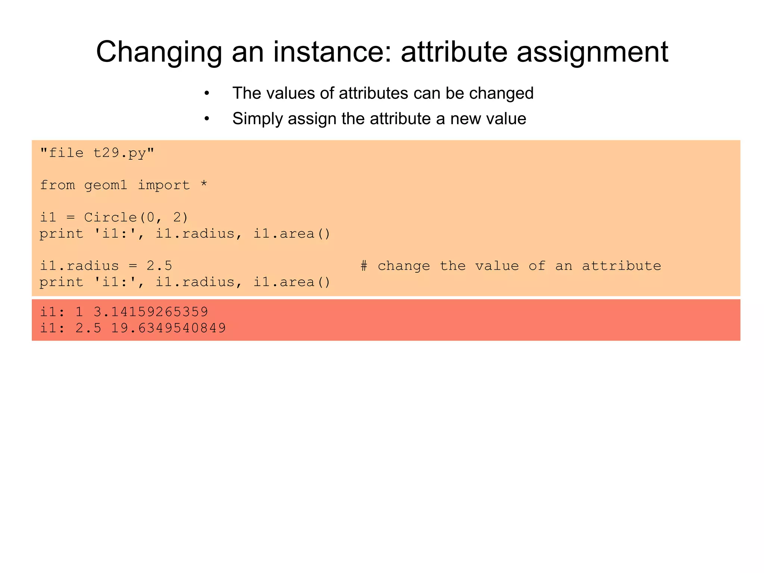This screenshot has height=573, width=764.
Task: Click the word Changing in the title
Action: pos(159,52)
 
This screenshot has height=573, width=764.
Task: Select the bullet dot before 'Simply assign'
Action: pos(207,119)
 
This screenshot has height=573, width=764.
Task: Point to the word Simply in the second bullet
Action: pos(257,119)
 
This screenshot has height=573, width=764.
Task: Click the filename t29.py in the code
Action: pos(119,153)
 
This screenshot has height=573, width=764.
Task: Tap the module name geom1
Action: pos(106,185)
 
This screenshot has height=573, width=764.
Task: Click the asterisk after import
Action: pos(204,185)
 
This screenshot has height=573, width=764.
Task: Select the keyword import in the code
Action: pos(164,185)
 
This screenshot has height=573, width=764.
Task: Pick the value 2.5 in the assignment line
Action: pos(159,266)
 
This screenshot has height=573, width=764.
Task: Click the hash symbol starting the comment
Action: pos(364,266)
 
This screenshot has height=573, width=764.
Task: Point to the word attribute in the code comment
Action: pos(621,266)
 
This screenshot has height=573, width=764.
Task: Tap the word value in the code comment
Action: pos(497,266)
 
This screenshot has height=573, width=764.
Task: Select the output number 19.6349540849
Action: pos(168,328)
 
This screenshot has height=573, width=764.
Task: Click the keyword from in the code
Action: pos(57,185)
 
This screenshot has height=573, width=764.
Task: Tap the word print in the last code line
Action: pos(61,282)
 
